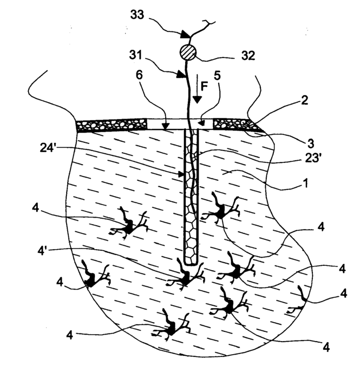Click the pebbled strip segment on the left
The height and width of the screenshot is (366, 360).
112,125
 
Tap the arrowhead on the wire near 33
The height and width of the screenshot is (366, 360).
185,35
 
